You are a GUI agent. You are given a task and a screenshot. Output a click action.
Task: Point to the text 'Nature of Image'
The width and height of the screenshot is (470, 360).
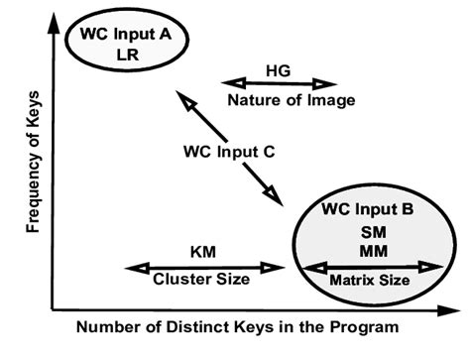(x=279, y=101)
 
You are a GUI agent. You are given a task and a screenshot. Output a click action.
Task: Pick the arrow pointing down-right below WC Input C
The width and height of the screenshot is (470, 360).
(x=261, y=184)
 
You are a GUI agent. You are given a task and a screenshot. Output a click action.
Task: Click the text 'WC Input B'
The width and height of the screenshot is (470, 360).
(x=369, y=210)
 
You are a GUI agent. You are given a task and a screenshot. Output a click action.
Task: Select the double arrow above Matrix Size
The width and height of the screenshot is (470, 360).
(x=372, y=266)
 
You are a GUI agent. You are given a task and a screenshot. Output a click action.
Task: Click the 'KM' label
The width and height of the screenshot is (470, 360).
(x=202, y=252)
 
